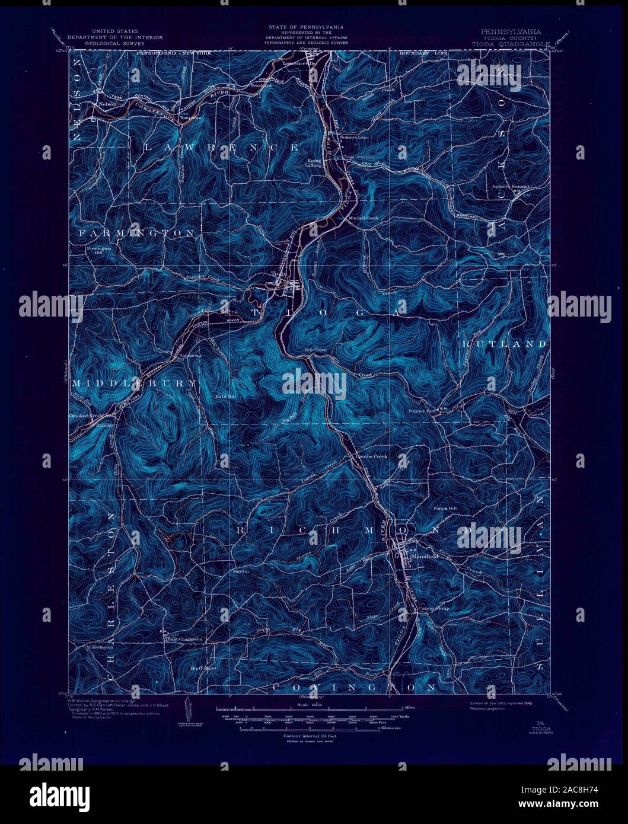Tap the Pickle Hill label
tap(444, 509)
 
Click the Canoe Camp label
tap(434, 608)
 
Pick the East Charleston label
tap(184, 639)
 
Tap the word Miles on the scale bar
tap(409, 708)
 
